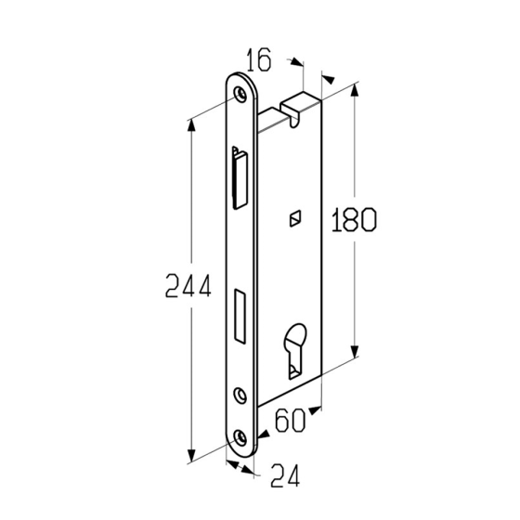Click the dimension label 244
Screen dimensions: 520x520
[188, 286]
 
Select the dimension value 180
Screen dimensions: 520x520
[354, 219]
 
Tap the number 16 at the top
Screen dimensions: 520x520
[259, 59]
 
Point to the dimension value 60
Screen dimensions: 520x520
[290, 420]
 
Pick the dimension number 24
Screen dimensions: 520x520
[285, 475]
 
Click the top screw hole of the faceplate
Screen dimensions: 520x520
[240, 94]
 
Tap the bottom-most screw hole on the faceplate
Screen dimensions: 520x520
[240, 437]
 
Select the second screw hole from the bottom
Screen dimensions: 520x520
[240, 395]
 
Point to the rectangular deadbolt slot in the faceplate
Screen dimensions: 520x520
[240, 316]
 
